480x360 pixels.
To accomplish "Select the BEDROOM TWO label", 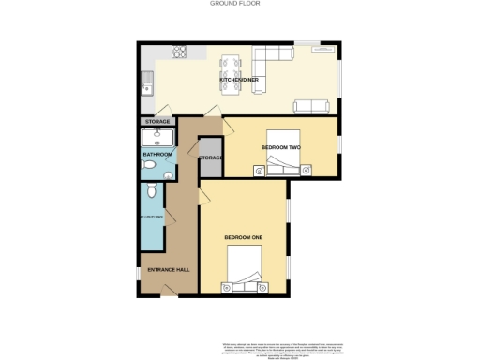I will click(x=279, y=147).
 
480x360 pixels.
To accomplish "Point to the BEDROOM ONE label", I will click(x=243, y=238).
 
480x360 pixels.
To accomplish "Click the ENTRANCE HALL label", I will click(x=169, y=270).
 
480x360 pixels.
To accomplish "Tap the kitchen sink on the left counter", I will click(x=147, y=89).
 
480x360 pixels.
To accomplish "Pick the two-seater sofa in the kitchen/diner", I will click(x=311, y=106).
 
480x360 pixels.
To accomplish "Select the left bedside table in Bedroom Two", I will click(x=258, y=170).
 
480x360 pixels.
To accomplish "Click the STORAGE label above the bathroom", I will click(x=158, y=122).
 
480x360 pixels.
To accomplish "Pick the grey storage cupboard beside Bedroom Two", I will click(x=211, y=157).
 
